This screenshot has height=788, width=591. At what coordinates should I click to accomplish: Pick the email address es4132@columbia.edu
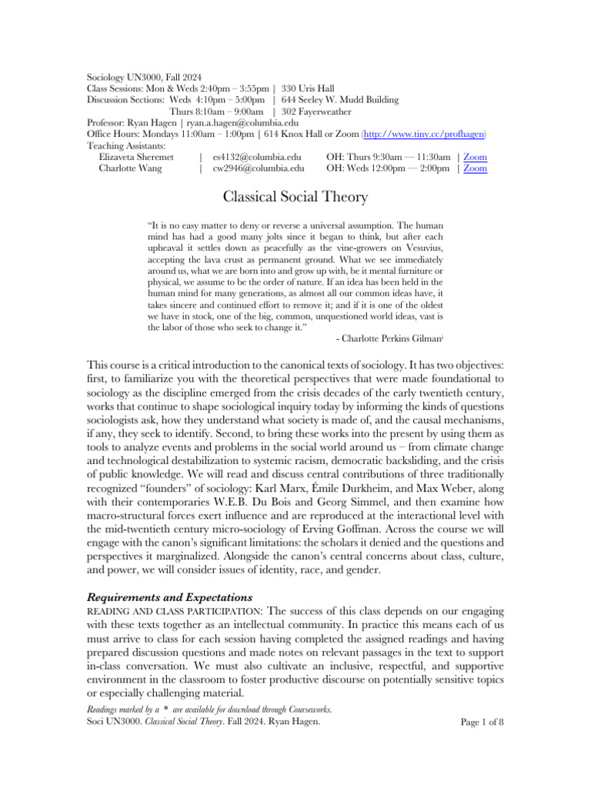pyautogui.click(x=256, y=157)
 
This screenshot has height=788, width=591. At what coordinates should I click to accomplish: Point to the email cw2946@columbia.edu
pyautogui.click(x=258, y=168)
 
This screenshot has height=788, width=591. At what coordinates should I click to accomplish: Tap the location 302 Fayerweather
pyautogui.click(x=326, y=112)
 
